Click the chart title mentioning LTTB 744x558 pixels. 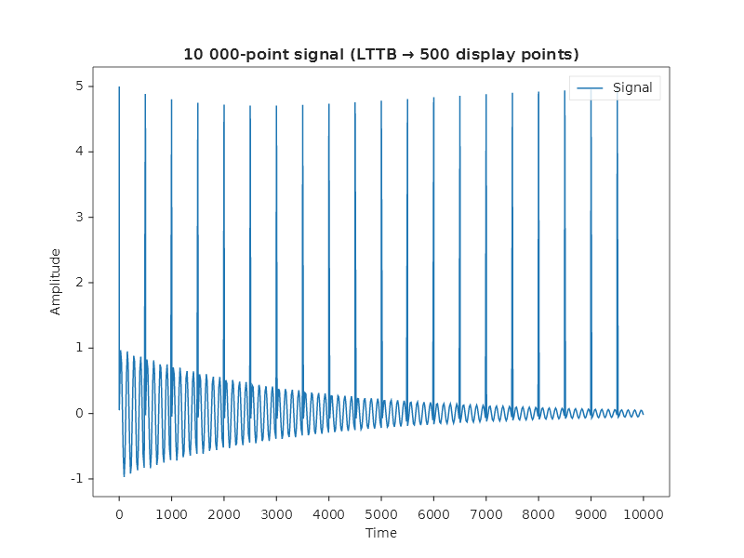[x=380, y=54]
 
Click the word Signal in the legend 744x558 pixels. [x=632, y=88]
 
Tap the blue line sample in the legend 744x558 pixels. [x=591, y=88]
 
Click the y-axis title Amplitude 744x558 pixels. [x=56, y=281]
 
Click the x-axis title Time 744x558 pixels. [x=380, y=533]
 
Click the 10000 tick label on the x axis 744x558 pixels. [x=643, y=512]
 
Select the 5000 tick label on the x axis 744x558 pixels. [x=380, y=512]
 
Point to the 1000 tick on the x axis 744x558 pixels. [x=171, y=512]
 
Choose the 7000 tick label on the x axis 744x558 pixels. [x=485, y=512]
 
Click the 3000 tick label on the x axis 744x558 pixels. [x=276, y=512]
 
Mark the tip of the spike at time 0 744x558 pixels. [x=119, y=87]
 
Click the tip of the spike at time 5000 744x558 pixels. [x=381, y=101]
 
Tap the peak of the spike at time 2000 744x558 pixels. [x=224, y=105]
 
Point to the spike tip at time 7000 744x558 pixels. [x=485, y=93]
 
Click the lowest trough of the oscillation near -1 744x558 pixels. [x=124, y=476]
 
